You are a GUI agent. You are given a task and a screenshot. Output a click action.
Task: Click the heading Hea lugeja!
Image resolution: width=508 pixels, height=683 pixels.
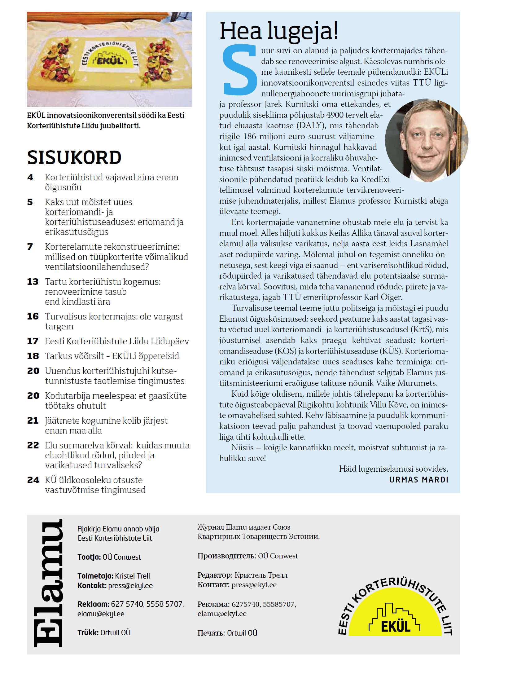tap(279, 31)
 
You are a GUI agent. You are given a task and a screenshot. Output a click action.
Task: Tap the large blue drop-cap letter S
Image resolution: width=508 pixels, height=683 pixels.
tap(239, 70)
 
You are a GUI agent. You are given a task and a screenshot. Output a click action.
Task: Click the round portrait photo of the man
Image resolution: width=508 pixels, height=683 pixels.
tap(427, 140)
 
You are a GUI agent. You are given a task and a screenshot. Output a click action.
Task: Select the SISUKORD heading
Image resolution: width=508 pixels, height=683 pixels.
tap(74, 157)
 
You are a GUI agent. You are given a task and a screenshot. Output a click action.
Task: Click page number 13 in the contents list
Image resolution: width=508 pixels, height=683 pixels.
tap(33, 282)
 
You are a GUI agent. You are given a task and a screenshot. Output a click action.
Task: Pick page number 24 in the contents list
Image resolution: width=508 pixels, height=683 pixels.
tap(33, 480)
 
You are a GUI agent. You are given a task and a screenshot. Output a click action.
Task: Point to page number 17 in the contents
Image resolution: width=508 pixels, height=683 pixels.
tap(33, 341)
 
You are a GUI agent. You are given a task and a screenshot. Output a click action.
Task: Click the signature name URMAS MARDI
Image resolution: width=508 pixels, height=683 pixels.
tap(419, 480)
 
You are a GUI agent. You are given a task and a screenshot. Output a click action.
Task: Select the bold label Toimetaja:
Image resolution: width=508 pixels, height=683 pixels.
tap(95, 576)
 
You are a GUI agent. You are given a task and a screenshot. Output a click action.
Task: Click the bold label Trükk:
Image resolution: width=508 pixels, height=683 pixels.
tap(88, 632)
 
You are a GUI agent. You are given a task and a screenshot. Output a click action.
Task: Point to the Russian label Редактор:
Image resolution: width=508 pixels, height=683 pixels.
tap(215, 575)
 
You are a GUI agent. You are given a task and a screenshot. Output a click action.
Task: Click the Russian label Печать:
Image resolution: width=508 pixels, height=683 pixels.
tap(211, 633)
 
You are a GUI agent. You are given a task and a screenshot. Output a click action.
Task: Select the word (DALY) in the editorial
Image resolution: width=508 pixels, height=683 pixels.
tap(311, 126)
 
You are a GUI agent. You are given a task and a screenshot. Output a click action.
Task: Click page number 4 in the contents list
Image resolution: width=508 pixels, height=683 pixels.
tap(30, 177)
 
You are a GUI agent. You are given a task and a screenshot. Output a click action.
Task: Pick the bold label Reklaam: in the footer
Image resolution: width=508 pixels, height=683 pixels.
tap(93, 604)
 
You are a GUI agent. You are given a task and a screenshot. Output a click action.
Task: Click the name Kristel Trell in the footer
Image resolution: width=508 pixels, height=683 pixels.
tap(133, 576)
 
